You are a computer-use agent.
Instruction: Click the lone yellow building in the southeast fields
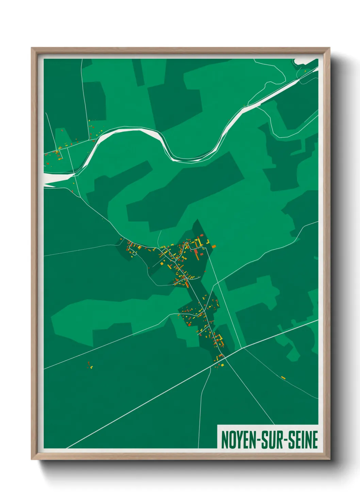(283, 377)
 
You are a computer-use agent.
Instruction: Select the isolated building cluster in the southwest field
(90, 365)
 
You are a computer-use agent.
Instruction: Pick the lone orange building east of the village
(214, 246)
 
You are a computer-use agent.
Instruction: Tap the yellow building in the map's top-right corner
(305, 71)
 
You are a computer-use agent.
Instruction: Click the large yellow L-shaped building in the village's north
(198, 243)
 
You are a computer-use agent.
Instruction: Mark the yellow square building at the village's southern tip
(223, 365)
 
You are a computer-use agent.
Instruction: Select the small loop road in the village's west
(134, 252)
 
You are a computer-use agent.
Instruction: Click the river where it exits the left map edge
(48, 180)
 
